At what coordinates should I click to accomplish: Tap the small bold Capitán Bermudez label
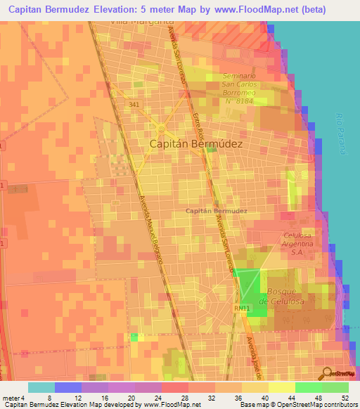coord(216,211)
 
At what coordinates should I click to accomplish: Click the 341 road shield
coord(134,105)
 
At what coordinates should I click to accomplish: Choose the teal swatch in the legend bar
coord(41,387)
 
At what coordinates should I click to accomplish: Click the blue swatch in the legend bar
coord(68,387)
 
